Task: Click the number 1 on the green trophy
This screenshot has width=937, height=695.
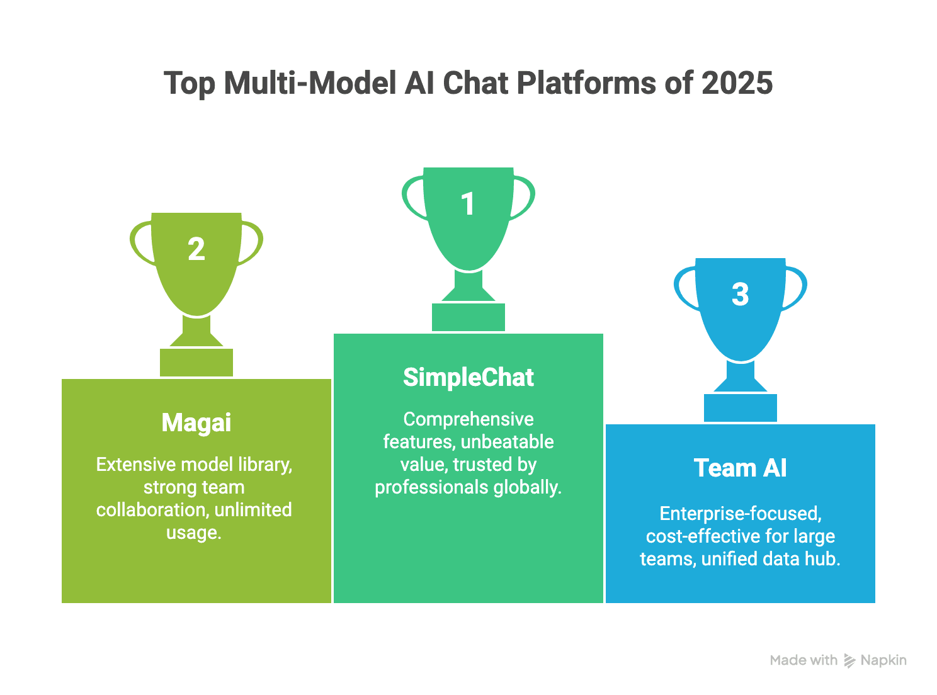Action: click(467, 204)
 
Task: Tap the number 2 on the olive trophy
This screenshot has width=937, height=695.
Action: click(196, 249)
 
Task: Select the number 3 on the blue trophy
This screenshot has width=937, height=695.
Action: click(740, 295)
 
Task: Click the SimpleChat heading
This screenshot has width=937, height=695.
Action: click(469, 378)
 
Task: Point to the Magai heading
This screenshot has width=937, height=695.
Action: click(196, 423)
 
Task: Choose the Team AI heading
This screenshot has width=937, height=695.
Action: click(740, 468)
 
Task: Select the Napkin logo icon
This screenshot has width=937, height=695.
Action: click(849, 660)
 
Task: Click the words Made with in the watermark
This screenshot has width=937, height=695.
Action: click(804, 660)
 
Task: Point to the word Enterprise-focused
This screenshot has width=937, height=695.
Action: click(740, 514)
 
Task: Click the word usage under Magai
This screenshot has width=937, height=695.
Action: click(193, 533)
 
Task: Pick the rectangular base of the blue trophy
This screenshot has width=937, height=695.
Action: click(740, 408)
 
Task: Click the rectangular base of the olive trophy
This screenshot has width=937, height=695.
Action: click(196, 363)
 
